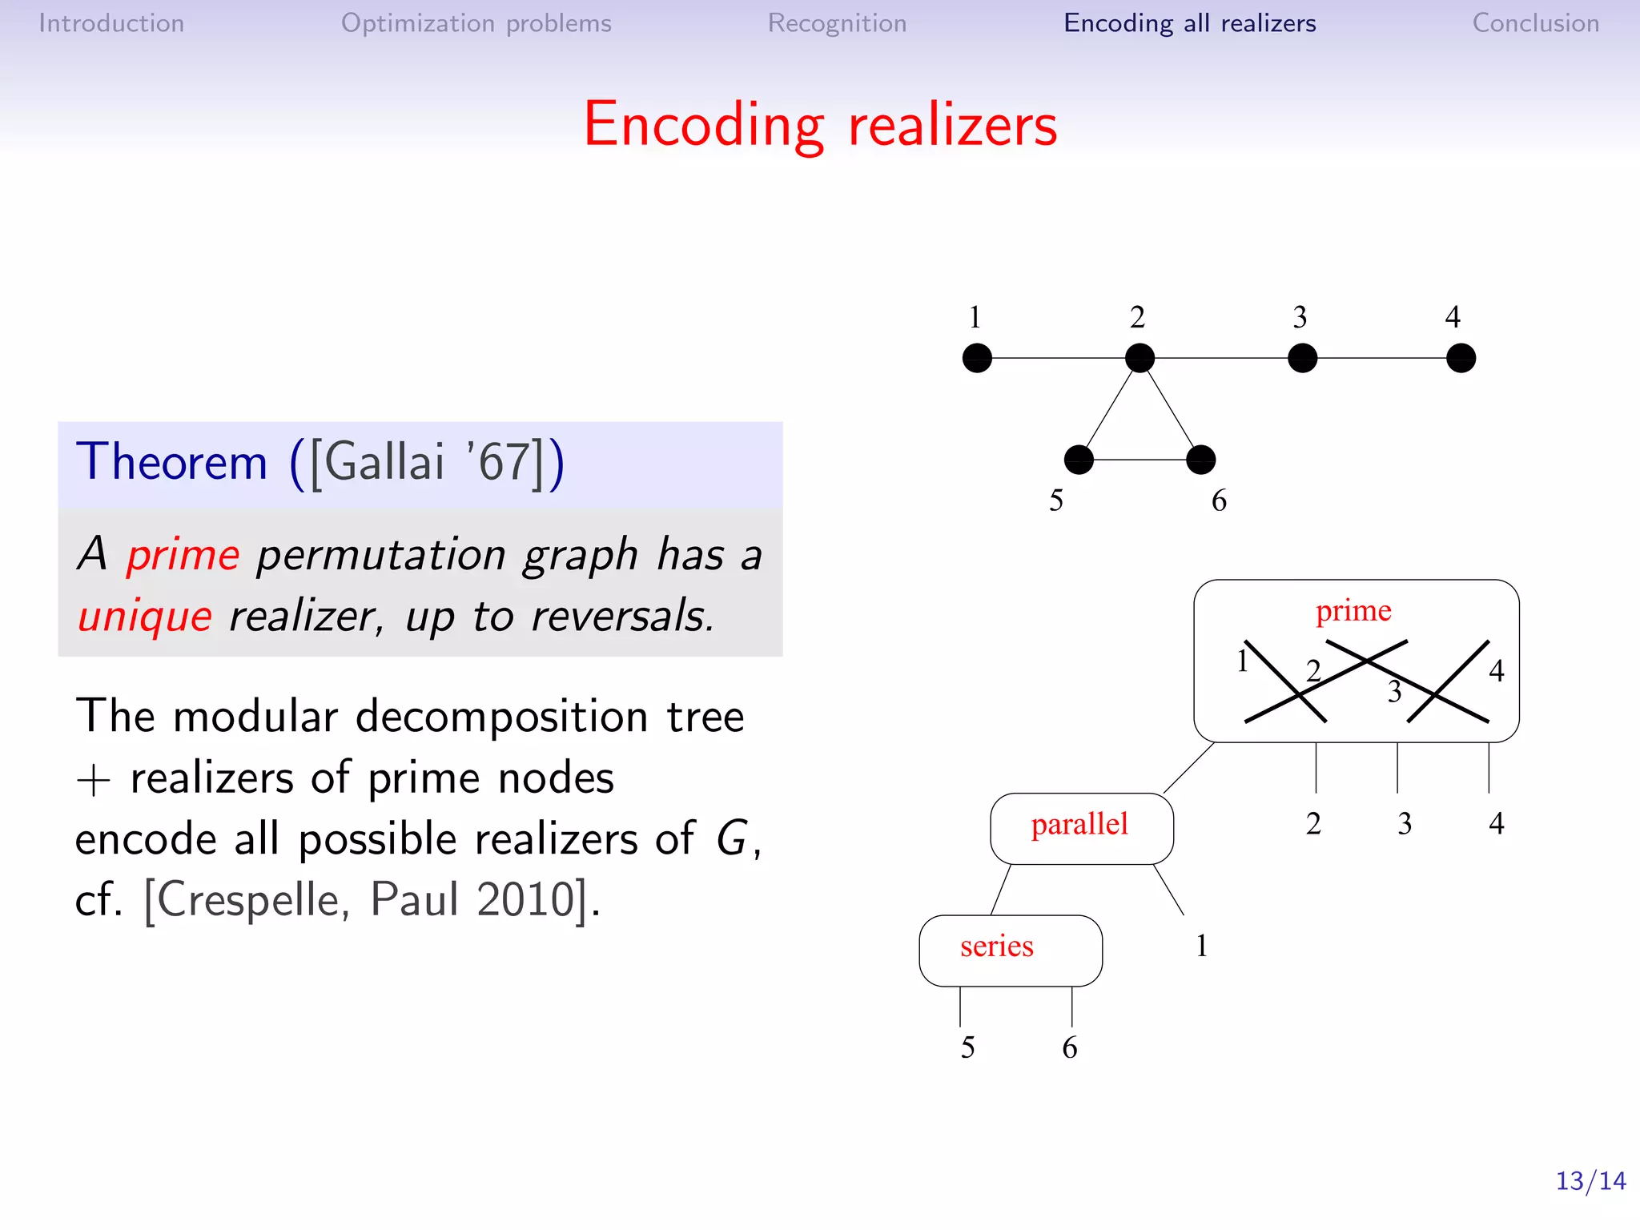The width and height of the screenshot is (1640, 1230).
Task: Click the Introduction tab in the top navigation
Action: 111,23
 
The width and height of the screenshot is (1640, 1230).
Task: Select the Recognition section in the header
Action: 837,23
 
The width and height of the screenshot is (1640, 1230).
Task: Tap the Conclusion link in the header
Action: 1535,23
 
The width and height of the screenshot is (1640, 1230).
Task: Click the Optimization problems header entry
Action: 476,23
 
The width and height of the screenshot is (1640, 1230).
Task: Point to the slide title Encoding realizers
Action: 820,125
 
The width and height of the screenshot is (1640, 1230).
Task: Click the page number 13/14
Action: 1590,1180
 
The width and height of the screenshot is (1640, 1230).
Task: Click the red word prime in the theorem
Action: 183,554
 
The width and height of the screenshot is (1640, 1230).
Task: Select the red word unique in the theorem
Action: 145,616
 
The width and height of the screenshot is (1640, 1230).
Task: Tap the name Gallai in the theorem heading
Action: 384,462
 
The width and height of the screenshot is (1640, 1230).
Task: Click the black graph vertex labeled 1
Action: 977,358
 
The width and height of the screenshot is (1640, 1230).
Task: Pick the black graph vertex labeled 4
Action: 1461,358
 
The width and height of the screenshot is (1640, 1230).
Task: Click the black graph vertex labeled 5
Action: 1079,460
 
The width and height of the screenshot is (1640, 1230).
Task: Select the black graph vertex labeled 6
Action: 1200,460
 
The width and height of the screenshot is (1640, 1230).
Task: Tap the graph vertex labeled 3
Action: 1302,358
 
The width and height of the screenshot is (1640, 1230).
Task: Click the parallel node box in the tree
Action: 1081,828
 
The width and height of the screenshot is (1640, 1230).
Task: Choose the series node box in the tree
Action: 1010,951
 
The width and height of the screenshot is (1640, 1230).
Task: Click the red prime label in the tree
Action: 1353,610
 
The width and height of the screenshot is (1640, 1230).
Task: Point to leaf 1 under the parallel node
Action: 1201,946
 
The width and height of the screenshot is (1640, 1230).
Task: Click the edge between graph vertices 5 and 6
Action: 1140,460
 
